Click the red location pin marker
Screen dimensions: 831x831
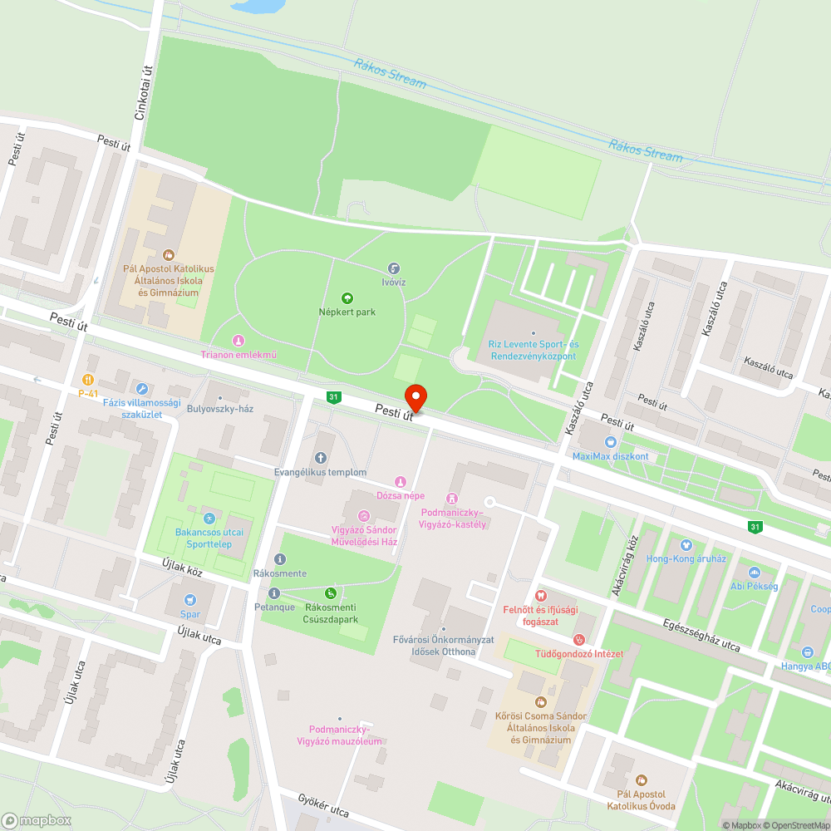pyautogui.click(x=415, y=397)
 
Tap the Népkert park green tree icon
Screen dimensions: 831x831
pyautogui.click(x=347, y=297)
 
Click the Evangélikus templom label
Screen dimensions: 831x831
pyautogui.click(x=321, y=472)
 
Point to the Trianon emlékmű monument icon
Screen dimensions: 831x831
pyautogui.click(x=238, y=340)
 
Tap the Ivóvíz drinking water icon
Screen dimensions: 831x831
pyautogui.click(x=395, y=268)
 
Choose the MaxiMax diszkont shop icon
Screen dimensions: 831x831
pyautogui.click(x=611, y=442)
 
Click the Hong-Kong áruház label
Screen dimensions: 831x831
pyautogui.click(x=686, y=558)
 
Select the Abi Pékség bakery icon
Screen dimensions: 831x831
pyautogui.click(x=754, y=573)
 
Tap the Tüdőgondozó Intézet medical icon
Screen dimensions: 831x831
pyautogui.click(x=579, y=639)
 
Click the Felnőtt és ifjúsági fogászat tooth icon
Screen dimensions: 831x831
pyautogui.click(x=541, y=595)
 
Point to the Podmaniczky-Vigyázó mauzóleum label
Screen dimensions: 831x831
pyautogui.click(x=339, y=735)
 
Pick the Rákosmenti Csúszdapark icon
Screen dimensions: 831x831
pyautogui.click(x=331, y=593)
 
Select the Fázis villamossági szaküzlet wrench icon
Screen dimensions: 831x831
pyautogui.click(x=142, y=388)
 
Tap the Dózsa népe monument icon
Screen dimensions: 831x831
pyautogui.click(x=400, y=481)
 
